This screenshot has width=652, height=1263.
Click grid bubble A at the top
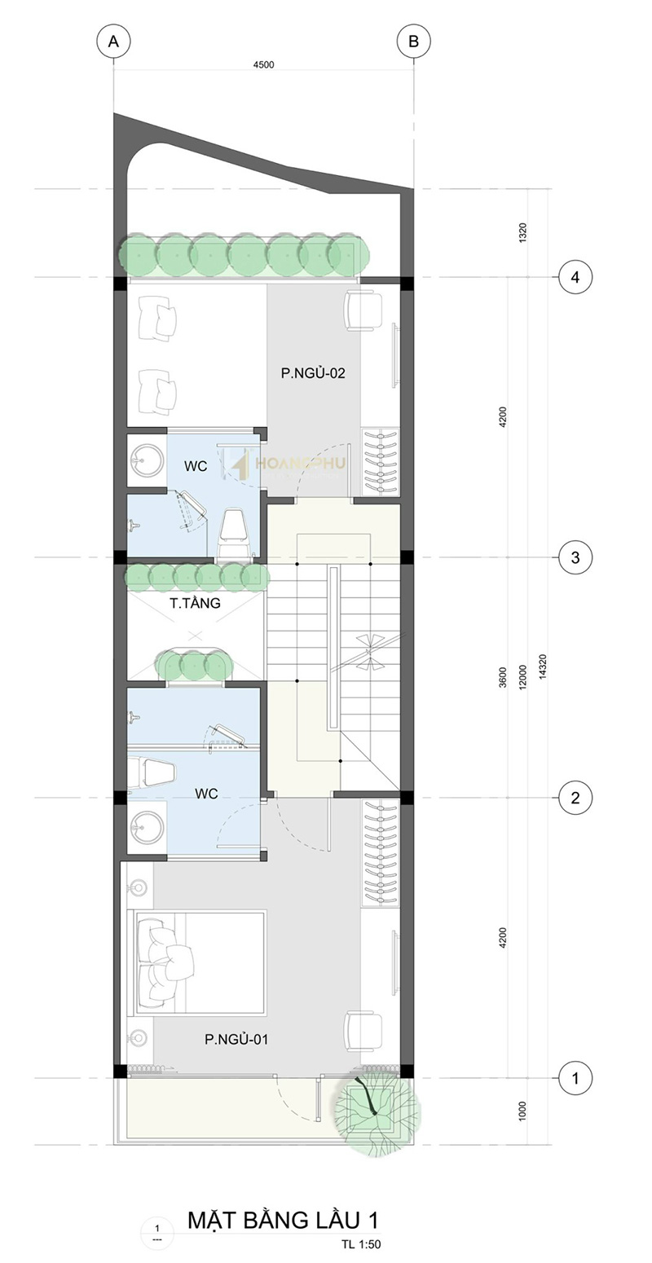point(114,42)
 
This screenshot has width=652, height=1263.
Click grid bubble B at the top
point(413,42)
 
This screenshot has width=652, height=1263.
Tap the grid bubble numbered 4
point(575,277)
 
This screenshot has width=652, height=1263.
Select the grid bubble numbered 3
point(575,557)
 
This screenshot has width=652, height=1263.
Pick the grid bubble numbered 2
point(575,797)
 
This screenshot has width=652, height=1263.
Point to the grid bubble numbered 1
point(575,1078)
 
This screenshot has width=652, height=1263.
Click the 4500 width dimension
point(263,65)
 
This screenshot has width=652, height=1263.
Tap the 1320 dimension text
point(522,233)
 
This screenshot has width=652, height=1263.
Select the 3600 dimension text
point(503,677)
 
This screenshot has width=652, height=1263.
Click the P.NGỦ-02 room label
point(312,373)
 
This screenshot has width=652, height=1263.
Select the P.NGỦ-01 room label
point(236,1039)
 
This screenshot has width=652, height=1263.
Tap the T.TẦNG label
point(195,603)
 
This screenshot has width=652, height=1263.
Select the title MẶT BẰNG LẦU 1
point(283,1220)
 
